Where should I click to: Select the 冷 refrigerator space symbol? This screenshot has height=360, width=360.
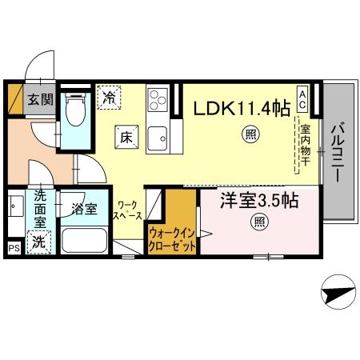pyautogui.click(x=110, y=98)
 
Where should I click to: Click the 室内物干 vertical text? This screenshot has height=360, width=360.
pyautogui.click(x=305, y=144)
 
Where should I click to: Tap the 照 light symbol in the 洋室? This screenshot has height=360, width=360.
pyautogui.click(x=259, y=221)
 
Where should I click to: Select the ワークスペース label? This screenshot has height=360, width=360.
pyautogui.click(x=127, y=211)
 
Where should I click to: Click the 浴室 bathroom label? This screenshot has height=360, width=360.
pyautogui.click(x=83, y=210)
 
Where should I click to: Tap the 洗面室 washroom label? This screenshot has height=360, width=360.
pyautogui.click(x=39, y=210)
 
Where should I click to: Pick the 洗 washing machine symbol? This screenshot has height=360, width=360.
pyautogui.click(x=39, y=241)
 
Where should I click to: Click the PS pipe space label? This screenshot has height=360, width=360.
pyautogui.click(x=13, y=249)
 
